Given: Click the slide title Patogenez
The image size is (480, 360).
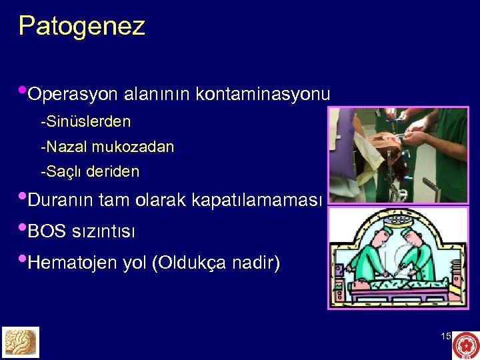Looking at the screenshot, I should tap(81, 27).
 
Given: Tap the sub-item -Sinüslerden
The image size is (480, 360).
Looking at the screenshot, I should tap(85, 122).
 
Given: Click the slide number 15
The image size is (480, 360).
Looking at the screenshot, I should tap(446, 337).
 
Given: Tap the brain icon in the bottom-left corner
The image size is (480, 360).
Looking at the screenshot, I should tap(21, 342).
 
